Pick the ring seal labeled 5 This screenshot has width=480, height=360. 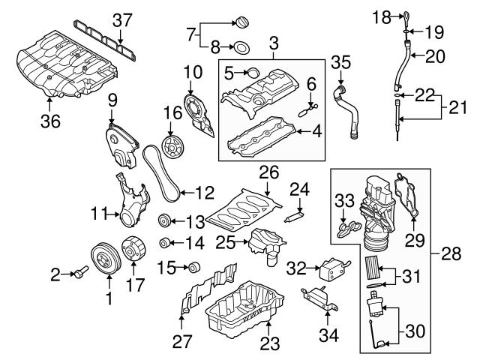point(253,73)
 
